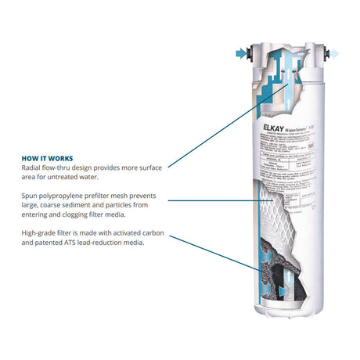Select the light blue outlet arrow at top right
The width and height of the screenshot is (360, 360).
333,54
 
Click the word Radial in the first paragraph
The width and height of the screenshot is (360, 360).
33,167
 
